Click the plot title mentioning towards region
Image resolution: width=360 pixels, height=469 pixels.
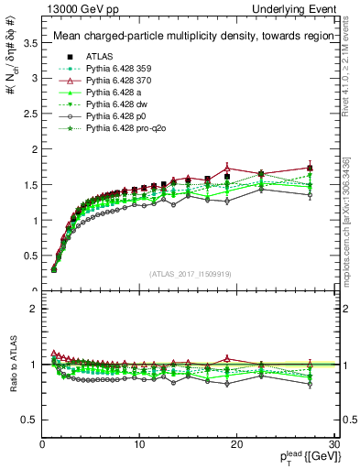(x=189, y=37)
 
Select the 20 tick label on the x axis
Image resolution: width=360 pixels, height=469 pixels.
(x=236, y=445)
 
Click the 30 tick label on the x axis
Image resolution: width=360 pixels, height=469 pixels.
(x=333, y=445)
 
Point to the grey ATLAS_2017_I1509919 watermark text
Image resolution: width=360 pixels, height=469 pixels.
(x=190, y=274)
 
